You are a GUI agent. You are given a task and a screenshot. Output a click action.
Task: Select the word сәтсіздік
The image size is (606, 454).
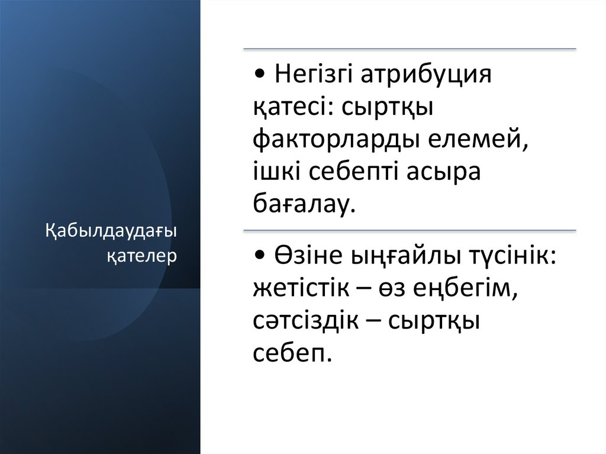[307, 321]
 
